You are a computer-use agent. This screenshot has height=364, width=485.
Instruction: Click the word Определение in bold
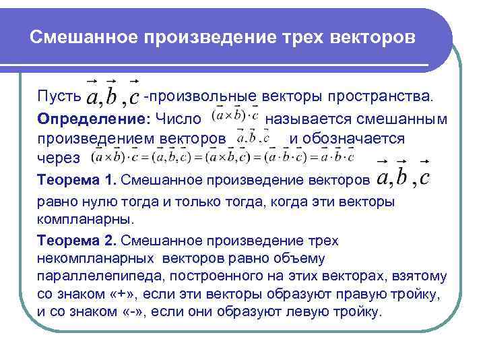[92, 119]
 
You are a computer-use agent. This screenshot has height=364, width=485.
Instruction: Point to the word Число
[179, 119]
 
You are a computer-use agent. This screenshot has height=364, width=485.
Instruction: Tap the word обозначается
[354, 138]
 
